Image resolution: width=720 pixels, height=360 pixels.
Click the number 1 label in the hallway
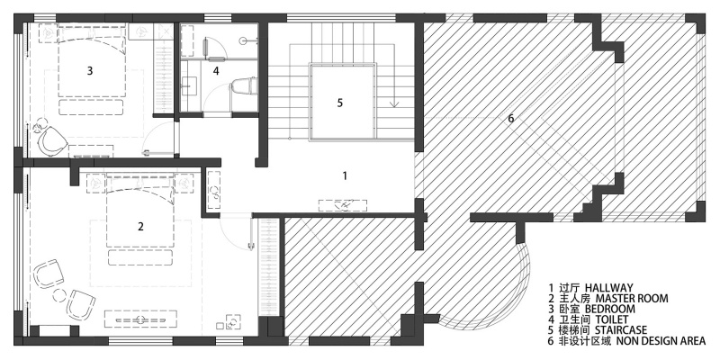(x=345, y=175)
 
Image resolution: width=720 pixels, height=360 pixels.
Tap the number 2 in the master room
(x=141, y=227)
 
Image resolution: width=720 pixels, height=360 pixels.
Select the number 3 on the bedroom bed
(x=90, y=71)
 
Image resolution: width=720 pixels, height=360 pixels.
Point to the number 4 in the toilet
(x=216, y=71)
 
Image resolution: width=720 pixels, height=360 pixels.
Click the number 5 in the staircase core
(x=340, y=103)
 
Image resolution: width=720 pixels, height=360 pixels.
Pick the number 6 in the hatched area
(x=511, y=119)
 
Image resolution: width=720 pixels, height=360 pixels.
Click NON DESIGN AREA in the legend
(x=661, y=341)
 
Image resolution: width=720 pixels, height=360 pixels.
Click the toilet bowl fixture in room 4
(x=242, y=88)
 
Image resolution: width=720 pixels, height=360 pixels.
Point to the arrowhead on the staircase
(x=394, y=103)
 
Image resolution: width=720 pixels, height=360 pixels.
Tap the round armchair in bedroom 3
(x=50, y=142)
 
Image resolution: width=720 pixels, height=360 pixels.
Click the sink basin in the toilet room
(x=190, y=85)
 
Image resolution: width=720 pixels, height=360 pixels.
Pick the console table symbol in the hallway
(x=343, y=205)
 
